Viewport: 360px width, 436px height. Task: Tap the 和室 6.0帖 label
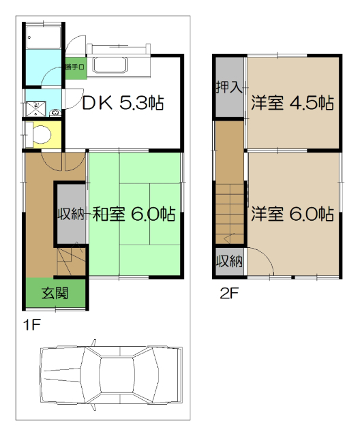[134, 215]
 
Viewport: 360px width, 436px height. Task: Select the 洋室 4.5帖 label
[291, 104]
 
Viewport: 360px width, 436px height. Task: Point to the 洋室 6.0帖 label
[291, 214]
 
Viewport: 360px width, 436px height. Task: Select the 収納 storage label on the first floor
[70, 214]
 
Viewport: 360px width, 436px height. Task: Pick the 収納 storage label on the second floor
[229, 261]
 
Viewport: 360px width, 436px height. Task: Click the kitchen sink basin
[110, 66]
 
